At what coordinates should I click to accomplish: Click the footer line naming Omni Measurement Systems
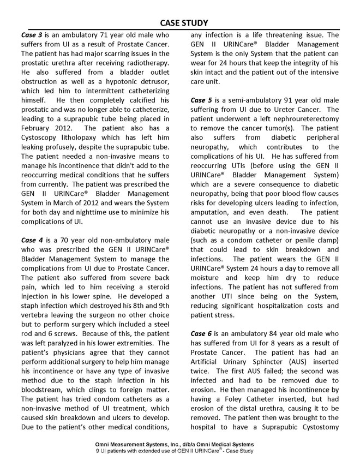pos(179,445)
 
